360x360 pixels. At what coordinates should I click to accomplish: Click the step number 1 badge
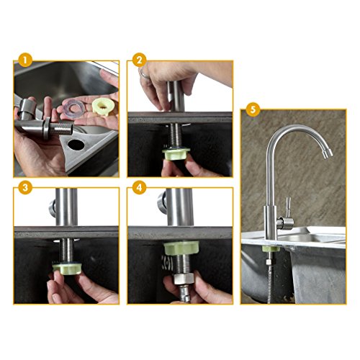coord(25,60)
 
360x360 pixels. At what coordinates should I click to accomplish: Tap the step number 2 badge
coord(140,60)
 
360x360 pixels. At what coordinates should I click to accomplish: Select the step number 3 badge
coord(25,187)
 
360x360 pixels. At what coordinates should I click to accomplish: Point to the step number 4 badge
coord(140,187)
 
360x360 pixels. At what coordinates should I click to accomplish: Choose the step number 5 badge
coord(253,109)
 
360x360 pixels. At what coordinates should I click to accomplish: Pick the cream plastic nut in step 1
coord(102,107)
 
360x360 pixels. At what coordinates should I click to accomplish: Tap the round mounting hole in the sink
coord(76,143)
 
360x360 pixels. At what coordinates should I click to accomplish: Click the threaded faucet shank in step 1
coord(61,128)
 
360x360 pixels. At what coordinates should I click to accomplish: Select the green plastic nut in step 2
coord(176,153)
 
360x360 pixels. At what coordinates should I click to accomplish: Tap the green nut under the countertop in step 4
coord(181,248)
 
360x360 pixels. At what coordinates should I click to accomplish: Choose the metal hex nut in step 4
coord(184,279)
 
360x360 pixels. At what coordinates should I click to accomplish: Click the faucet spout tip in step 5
coord(328,153)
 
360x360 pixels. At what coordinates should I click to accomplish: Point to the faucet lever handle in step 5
coord(288,207)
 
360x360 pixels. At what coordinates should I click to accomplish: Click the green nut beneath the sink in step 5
coord(271,249)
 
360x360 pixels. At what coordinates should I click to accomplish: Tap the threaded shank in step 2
coord(176,134)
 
